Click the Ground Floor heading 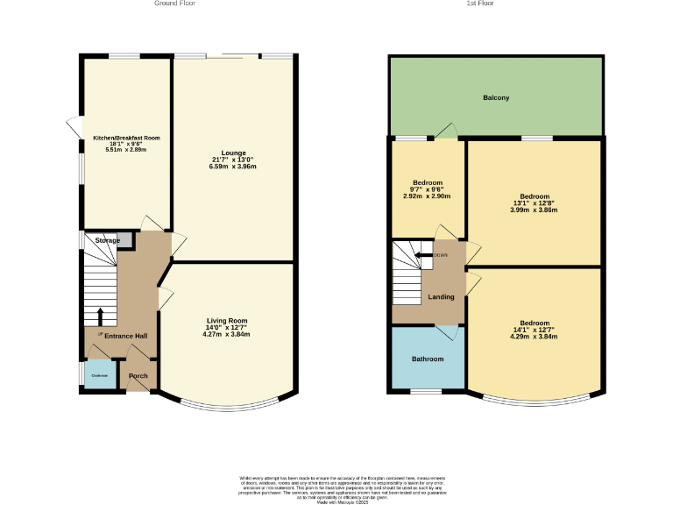coord(174,4)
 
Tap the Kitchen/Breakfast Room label coord(127,138)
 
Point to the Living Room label coord(227,321)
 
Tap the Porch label coord(138,376)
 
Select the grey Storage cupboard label coord(108,240)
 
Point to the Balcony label coord(496,97)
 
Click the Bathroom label coord(428,359)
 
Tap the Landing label coord(441,297)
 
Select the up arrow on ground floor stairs coord(100,317)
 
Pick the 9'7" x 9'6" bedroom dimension coord(428,189)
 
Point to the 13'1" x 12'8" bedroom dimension coord(535,203)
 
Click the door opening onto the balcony coord(448,132)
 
